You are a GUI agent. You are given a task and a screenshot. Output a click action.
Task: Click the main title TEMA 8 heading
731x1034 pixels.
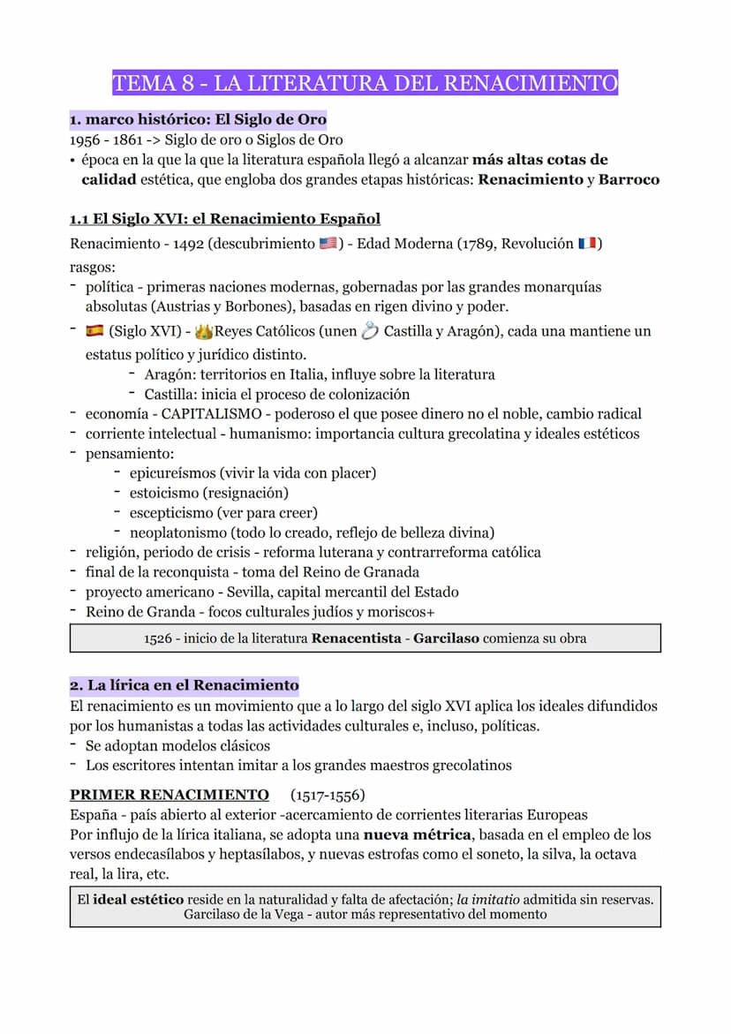pyautogui.click(x=365, y=84)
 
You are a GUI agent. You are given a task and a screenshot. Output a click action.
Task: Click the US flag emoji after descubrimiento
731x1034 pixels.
pyautogui.click(x=328, y=244)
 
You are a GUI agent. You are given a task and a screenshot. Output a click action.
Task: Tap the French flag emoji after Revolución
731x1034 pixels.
pyautogui.click(x=587, y=244)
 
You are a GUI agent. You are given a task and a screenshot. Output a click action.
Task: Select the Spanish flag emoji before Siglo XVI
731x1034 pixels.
pyautogui.click(x=94, y=331)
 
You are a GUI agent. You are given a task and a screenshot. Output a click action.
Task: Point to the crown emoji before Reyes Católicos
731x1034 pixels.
pyautogui.click(x=204, y=332)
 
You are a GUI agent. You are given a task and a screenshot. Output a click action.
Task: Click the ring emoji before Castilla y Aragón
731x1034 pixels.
pyautogui.click(x=370, y=331)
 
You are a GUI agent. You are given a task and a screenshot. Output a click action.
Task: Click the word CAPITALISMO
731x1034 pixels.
pyautogui.click(x=211, y=413)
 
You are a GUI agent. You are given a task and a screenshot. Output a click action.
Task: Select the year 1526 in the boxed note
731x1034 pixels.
pyautogui.click(x=158, y=638)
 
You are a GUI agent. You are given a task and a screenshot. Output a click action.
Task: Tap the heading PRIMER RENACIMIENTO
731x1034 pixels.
pyautogui.click(x=170, y=795)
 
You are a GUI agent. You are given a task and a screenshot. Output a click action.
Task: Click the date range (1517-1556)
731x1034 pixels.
pyautogui.click(x=327, y=795)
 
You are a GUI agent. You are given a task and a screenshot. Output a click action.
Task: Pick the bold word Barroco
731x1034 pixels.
pyautogui.click(x=629, y=179)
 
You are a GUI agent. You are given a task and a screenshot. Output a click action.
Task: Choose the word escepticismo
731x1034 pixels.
pyautogui.click(x=170, y=512)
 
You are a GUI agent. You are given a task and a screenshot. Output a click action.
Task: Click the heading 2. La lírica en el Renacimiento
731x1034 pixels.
pyautogui.click(x=184, y=685)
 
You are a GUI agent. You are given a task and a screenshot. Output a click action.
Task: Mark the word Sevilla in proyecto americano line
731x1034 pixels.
pyautogui.click(x=251, y=592)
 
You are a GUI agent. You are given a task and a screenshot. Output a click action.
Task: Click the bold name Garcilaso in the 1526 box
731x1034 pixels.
pyautogui.click(x=447, y=638)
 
